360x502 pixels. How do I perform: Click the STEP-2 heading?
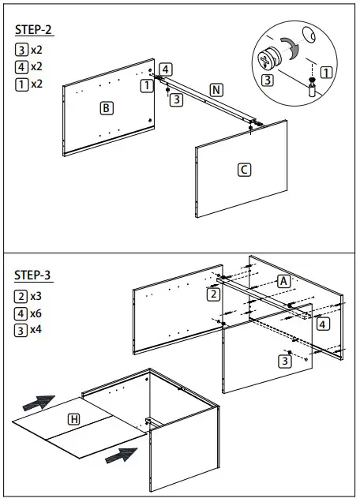(34, 30)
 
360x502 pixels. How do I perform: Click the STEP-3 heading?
(34, 275)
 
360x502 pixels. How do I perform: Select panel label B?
(107, 107)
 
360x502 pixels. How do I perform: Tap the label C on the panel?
(244, 169)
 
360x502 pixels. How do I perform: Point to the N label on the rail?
(216, 88)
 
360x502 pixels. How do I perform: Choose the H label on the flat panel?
(73, 419)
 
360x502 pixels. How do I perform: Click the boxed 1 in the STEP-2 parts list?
(21, 84)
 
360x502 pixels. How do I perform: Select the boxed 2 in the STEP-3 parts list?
(21, 297)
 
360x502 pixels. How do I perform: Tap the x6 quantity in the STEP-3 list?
(36, 313)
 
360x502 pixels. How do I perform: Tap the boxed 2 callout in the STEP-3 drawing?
(212, 294)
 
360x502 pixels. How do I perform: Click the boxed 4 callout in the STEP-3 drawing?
(324, 324)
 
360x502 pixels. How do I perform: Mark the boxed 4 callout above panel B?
(165, 69)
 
